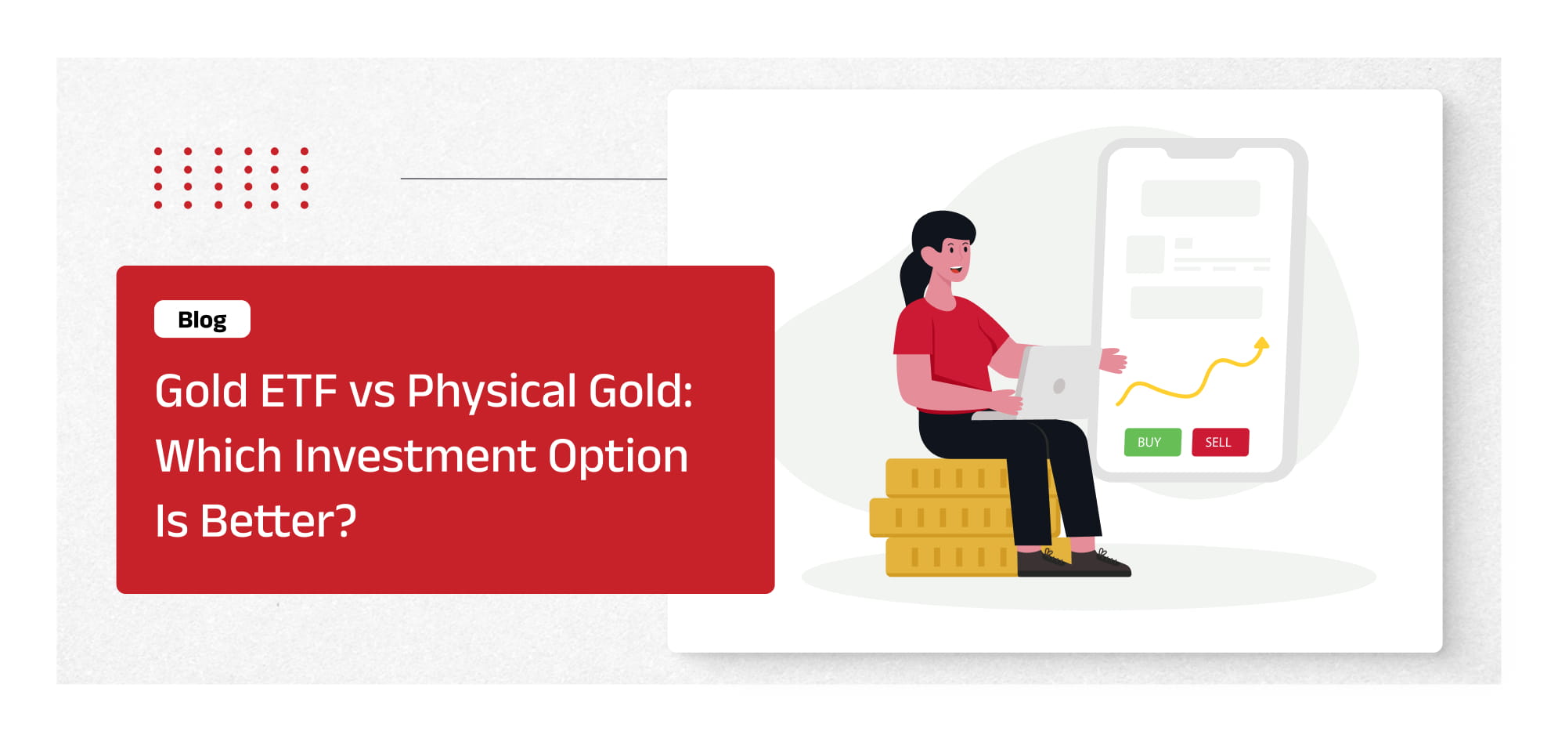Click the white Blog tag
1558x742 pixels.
point(202,319)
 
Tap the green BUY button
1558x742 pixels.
point(1152,442)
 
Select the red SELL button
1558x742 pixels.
point(1220,442)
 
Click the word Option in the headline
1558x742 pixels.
point(618,458)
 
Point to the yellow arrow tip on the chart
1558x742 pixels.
point(1261,342)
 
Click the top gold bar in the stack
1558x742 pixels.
point(947,477)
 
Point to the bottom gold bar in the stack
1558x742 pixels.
point(951,557)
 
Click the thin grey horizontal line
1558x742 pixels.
point(533,179)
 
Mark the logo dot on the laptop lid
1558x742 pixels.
point(1059,385)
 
